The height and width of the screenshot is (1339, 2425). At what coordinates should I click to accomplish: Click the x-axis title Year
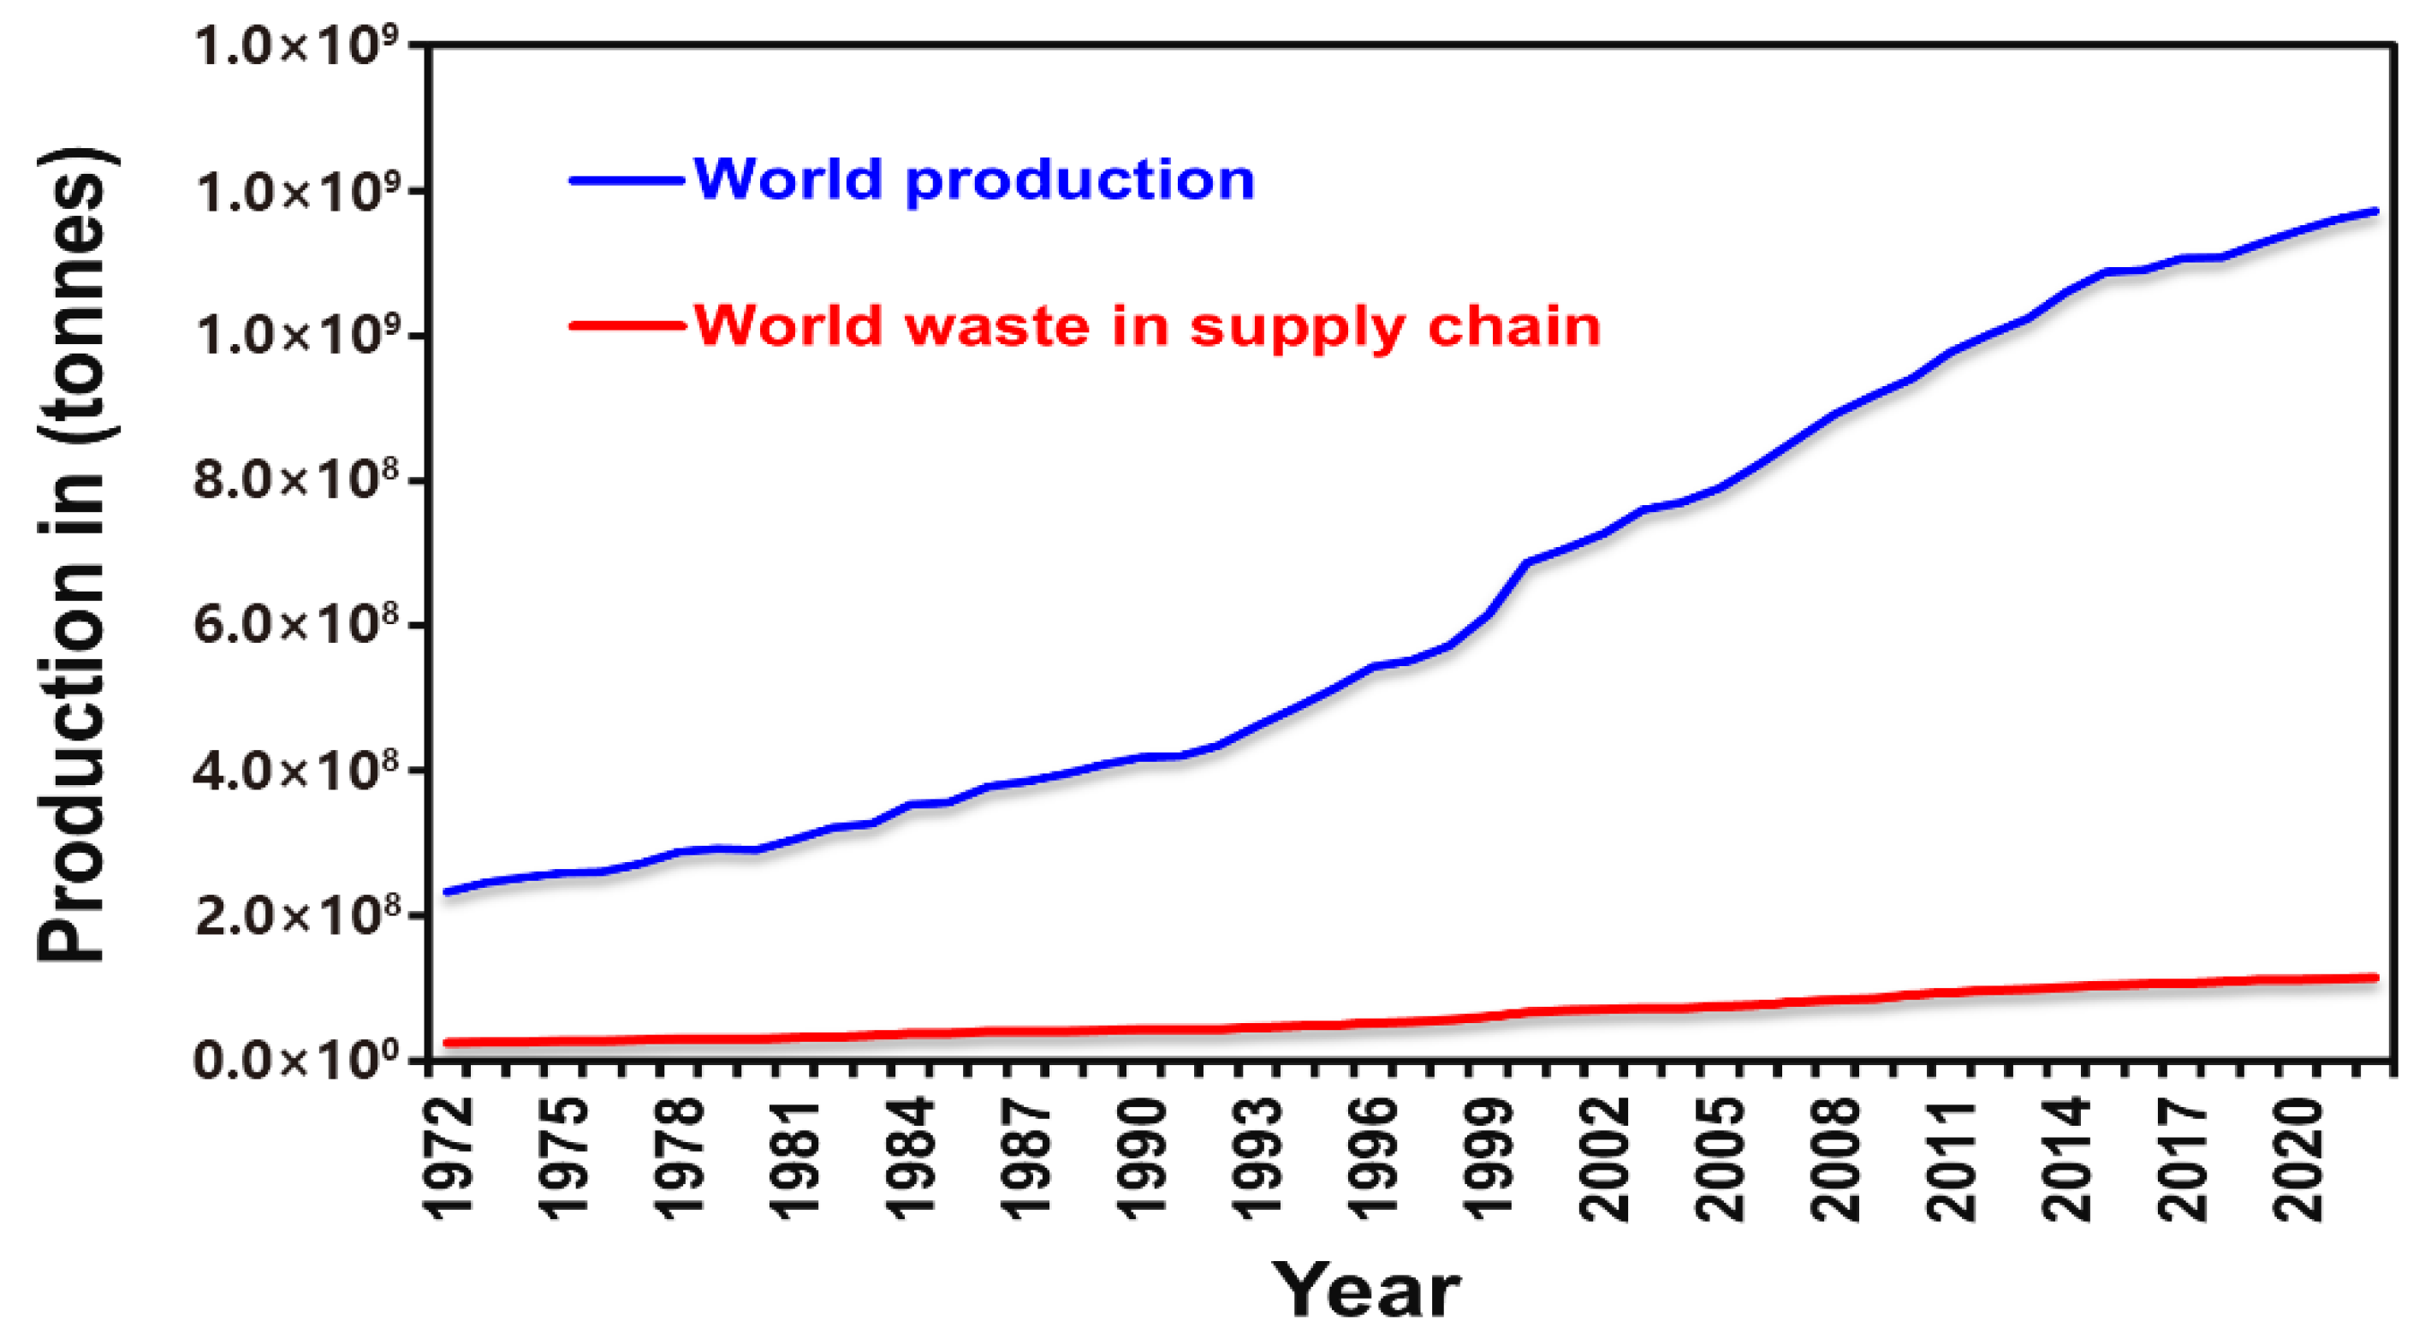point(1366,1290)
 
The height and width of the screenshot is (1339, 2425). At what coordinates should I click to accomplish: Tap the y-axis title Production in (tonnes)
point(73,556)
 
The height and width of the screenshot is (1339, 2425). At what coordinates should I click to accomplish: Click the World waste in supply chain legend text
point(1147,327)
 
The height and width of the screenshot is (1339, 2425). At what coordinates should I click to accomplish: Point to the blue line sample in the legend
point(626,180)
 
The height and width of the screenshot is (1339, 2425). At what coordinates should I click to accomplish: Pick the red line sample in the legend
point(626,327)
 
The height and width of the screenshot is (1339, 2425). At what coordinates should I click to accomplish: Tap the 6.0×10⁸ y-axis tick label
point(296,623)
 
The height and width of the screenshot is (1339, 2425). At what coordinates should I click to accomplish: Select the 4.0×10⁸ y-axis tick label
point(296,770)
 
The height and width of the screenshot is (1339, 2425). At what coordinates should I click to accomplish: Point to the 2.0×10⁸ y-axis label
point(296,914)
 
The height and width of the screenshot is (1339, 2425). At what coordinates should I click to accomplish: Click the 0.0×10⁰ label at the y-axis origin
point(296,1059)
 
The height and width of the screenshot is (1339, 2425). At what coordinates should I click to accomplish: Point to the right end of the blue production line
point(2376,211)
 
